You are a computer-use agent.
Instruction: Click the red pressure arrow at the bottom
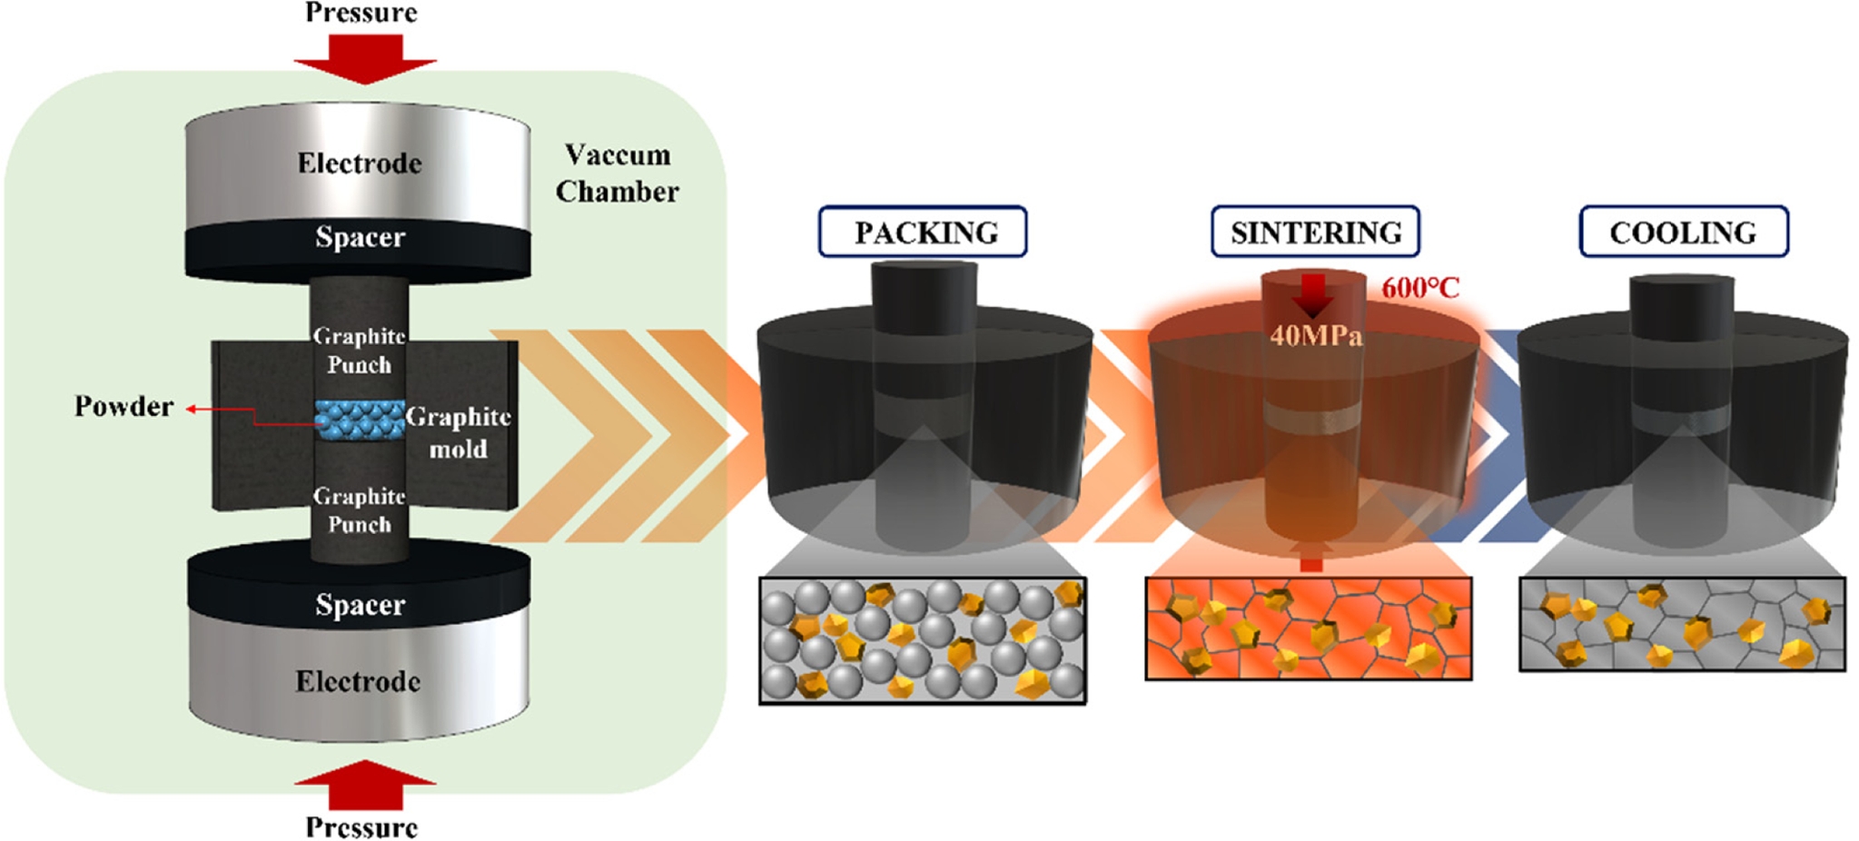tap(364, 786)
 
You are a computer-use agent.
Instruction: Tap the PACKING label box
tap(923, 233)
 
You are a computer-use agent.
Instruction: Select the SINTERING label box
tap(1315, 233)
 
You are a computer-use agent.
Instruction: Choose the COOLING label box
tap(1683, 233)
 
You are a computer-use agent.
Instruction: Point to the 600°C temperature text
tap(1420, 289)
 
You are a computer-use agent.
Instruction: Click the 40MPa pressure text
tap(1316, 336)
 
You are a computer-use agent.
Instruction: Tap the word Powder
tap(124, 406)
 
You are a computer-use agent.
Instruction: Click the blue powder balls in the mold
tap(360, 420)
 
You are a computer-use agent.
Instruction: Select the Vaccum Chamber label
tap(618, 173)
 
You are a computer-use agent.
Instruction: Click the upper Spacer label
tap(360, 237)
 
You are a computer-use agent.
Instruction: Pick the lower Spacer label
tap(360, 605)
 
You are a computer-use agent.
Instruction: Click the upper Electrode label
tap(360, 163)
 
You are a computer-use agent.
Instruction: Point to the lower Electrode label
tap(358, 681)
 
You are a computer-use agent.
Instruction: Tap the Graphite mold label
tap(458, 432)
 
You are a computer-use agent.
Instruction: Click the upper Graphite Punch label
tap(359, 351)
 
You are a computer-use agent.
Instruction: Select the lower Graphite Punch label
tap(359, 510)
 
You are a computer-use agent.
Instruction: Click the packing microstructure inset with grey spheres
tap(922, 640)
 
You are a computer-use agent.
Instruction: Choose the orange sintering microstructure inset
tap(1308, 628)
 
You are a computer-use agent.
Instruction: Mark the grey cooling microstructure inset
tap(1682, 625)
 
